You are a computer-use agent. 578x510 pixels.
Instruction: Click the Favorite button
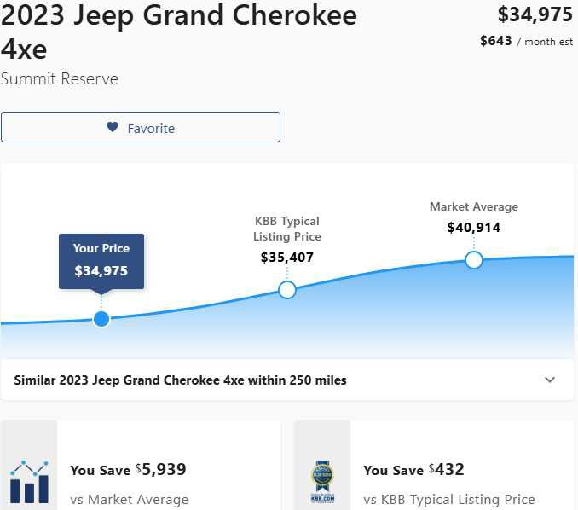click(x=140, y=127)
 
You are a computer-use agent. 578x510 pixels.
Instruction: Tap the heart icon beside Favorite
click(x=113, y=127)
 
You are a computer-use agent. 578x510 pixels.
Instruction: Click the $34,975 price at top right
click(x=535, y=14)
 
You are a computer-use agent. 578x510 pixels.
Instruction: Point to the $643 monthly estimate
click(x=496, y=41)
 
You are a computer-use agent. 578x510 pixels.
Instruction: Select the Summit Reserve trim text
click(x=60, y=79)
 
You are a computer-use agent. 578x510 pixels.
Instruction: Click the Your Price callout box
click(x=101, y=261)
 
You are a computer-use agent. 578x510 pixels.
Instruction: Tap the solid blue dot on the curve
click(x=101, y=319)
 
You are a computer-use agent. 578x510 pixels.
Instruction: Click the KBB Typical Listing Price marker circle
click(x=287, y=290)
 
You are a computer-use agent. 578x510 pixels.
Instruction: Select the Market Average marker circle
click(x=474, y=259)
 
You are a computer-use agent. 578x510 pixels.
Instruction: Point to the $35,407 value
click(x=287, y=257)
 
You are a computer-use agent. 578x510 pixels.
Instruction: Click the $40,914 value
click(x=474, y=228)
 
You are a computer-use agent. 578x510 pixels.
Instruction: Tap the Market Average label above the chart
click(x=474, y=206)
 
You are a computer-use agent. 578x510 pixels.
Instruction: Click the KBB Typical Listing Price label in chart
click(x=287, y=229)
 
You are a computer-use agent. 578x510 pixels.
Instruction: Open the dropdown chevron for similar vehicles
click(x=550, y=380)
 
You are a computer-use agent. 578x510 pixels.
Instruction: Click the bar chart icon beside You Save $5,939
click(x=29, y=481)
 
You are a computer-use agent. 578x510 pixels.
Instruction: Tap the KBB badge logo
click(x=322, y=483)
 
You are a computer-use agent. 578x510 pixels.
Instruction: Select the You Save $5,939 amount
click(x=160, y=469)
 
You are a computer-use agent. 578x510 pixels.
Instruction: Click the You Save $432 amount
click(x=446, y=469)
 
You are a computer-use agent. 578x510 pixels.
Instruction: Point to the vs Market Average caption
click(x=129, y=500)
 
